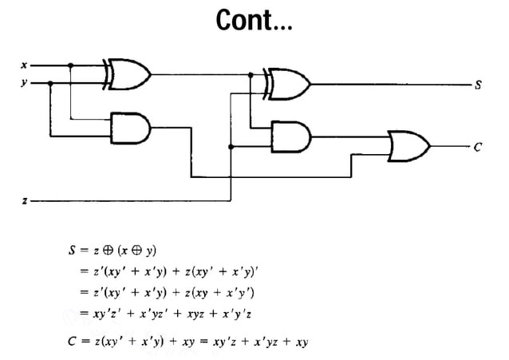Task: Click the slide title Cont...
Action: pos(254,22)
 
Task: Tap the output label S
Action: pos(477,83)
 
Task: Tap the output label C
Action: pos(477,147)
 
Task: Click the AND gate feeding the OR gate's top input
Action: pos(290,135)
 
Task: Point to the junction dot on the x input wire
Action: pos(71,65)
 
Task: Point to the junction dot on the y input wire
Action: pos(52,81)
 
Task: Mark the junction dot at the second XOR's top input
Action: pos(251,75)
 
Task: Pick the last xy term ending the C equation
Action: pos(302,342)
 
